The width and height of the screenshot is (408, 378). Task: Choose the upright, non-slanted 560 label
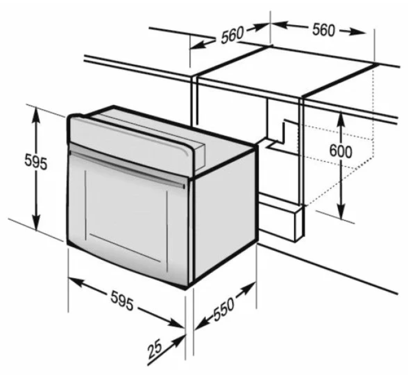point(323,31)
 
